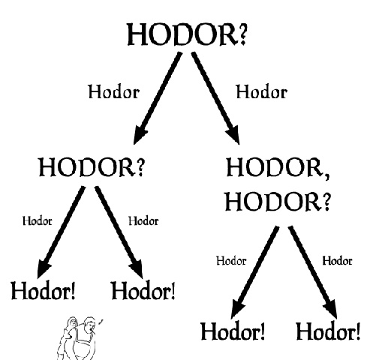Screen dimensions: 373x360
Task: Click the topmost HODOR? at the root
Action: pyautogui.click(x=187, y=34)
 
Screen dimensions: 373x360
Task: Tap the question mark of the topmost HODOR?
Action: pyautogui.click(x=242, y=34)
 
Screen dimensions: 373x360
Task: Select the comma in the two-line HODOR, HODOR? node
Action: pyautogui.click(x=326, y=175)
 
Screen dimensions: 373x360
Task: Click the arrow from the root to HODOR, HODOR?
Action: pyautogui.click(x=215, y=98)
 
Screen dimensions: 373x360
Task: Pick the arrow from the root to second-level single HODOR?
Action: pyautogui.click(x=158, y=98)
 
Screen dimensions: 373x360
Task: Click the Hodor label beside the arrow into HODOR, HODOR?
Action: pyautogui.click(x=262, y=91)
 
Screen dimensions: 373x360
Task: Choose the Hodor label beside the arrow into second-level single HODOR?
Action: pyautogui.click(x=114, y=91)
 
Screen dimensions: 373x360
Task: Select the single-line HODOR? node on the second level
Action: pyautogui.click(x=92, y=167)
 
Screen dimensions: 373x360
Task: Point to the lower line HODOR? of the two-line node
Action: pyautogui.click(x=278, y=202)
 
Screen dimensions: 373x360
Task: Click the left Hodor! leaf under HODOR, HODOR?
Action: pyautogui.click(x=233, y=331)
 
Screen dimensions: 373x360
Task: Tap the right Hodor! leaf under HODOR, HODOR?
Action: pyautogui.click(x=328, y=331)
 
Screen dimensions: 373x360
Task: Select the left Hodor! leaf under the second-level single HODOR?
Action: pyautogui.click(x=43, y=291)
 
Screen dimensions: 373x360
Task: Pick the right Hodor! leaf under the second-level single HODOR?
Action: pyautogui.click(x=143, y=291)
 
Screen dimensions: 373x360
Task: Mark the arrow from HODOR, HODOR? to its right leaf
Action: pyautogui.click(x=313, y=272)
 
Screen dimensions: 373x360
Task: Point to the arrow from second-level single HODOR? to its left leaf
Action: pyautogui.click(x=61, y=232)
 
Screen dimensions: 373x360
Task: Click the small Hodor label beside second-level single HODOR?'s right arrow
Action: pyautogui.click(x=143, y=221)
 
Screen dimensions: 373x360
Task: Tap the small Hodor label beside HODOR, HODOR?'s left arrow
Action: pyautogui.click(x=231, y=261)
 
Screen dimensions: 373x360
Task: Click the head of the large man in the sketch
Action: pyautogui.click(x=89, y=325)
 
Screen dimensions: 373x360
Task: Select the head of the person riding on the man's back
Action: pyautogui.click(x=73, y=322)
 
